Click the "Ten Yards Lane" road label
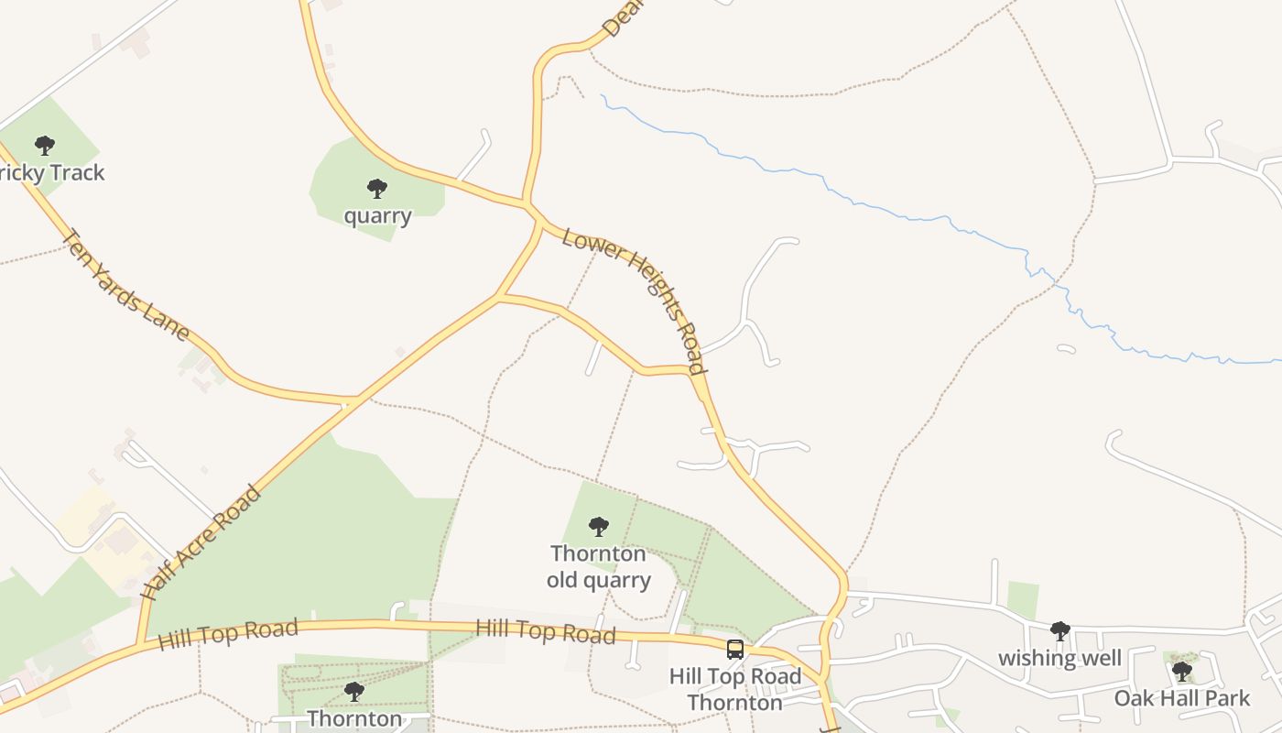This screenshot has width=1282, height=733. click(x=125, y=284)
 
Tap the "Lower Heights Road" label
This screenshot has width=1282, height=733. click(x=635, y=301)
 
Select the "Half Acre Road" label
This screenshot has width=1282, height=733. click(x=201, y=542)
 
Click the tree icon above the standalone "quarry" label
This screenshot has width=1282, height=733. click(x=376, y=189)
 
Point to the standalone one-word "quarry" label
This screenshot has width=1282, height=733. click(x=377, y=216)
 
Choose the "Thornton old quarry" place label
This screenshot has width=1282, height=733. click(x=599, y=566)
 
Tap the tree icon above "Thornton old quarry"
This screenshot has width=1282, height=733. click(x=599, y=526)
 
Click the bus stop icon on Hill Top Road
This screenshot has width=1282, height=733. click(x=734, y=650)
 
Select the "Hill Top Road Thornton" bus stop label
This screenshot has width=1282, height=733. click(x=734, y=689)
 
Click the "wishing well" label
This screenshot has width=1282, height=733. click(x=1059, y=658)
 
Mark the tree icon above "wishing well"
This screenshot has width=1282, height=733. click(x=1060, y=630)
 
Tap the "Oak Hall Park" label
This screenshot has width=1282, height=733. click(x=1181, y=698)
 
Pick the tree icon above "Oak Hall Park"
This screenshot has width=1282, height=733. click(x=1182, y=672)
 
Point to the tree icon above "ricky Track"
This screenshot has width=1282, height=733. click(x=44, y=145)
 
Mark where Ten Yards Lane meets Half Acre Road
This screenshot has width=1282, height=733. click(x=352, y=401)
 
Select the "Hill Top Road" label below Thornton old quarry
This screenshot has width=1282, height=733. click(x=546, y=631)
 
